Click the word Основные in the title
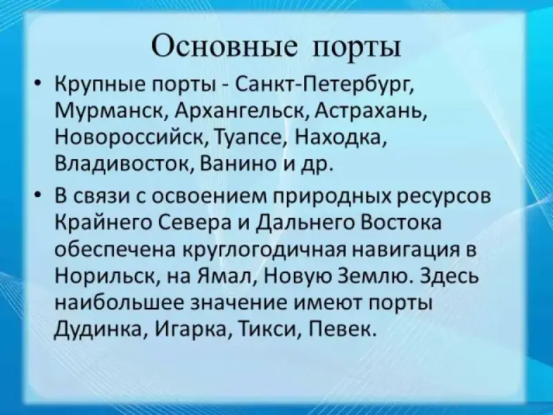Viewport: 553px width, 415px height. point(224,46)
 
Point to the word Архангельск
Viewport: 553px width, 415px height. point(239,111)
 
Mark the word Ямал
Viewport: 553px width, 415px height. point(224,276)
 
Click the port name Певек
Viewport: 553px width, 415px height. point(341,329)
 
